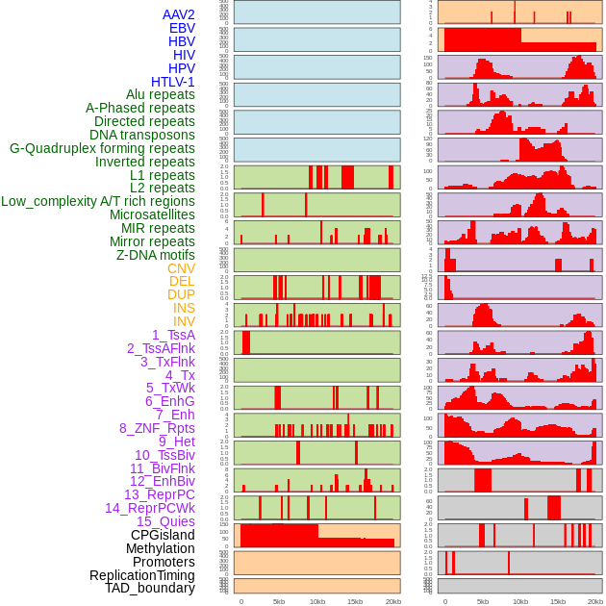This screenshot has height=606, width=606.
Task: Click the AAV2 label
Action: tap(178, 14)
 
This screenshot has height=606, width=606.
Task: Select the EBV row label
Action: tap(181, 28)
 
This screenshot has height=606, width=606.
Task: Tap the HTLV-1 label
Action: tap(172, 82)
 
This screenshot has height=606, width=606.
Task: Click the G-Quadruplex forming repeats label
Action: tap(102, 148)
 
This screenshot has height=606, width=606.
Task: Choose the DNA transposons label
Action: tap(142, 135)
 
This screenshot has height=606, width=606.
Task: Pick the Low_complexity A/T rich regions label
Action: tap(98, 201)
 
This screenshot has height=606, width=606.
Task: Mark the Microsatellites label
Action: tap(152, 215)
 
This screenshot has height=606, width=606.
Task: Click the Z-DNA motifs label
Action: tap(155, 255)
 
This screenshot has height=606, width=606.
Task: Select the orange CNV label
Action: tap(181, 268)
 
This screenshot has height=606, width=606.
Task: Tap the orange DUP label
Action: tap(181, 294)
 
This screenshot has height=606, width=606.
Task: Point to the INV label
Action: tap(184, 321)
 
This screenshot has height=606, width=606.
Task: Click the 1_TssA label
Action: tap(173, 335)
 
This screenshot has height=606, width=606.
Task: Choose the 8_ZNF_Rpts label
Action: tap(157, 428)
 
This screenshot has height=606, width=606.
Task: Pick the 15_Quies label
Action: tap(165, 521)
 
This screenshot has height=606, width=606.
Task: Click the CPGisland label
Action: tap(163, 535)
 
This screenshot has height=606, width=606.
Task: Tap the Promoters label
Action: tap(164, 562)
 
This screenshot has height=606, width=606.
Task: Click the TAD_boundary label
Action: tap(149, 588)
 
